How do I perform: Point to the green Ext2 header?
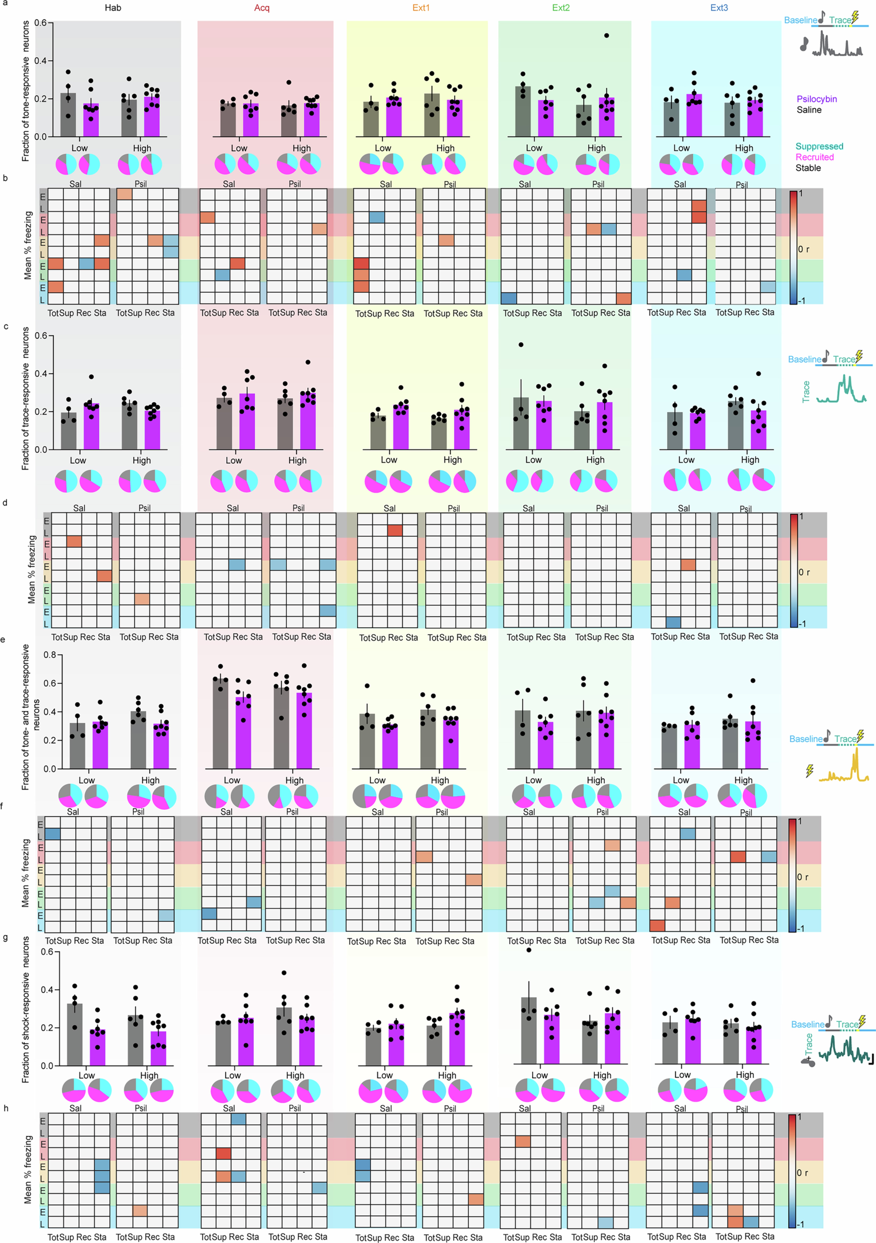[x=561, y=8]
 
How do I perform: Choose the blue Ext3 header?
[x=719, y=8]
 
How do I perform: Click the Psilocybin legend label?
[x=816, y=99]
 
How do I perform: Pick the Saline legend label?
[x=809, y=110]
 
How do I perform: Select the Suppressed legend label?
[x=819, y=146]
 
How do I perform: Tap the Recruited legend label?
[x=814, y=157]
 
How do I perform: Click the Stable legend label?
[x=808, y=168]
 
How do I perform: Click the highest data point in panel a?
[x=606, y=36]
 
